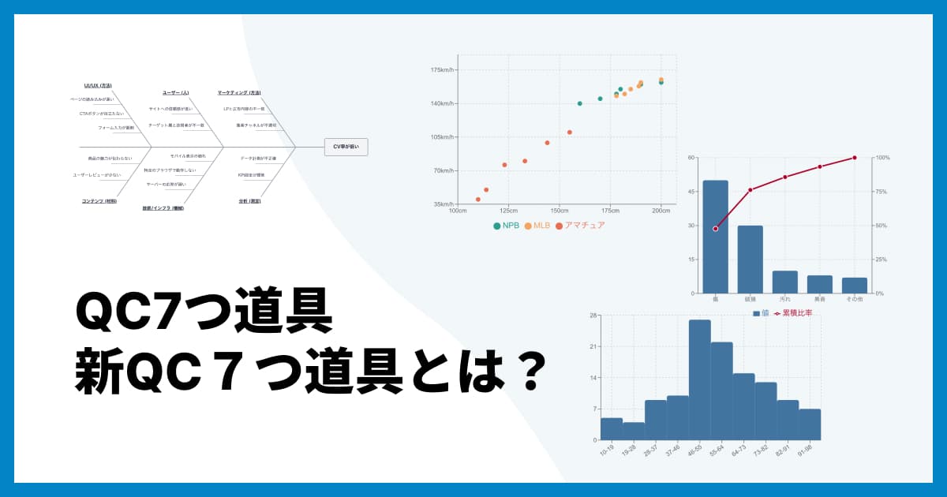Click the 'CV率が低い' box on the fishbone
[x=346, y=147]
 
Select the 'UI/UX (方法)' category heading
[x=98, y=85]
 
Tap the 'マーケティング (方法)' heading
[x=239, y=92]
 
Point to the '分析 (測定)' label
[x=249, y=201]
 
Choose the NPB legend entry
[x=507, y=226]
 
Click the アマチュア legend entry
[x=580, y=226]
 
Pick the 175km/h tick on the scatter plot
[x=440, y=70]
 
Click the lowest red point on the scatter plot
[x=478, y=200]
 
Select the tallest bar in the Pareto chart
[x=716, y=237]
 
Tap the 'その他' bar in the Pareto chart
[x=854, y=286]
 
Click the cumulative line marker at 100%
[x=854, y=158]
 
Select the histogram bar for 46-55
[x=699, y=379]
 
